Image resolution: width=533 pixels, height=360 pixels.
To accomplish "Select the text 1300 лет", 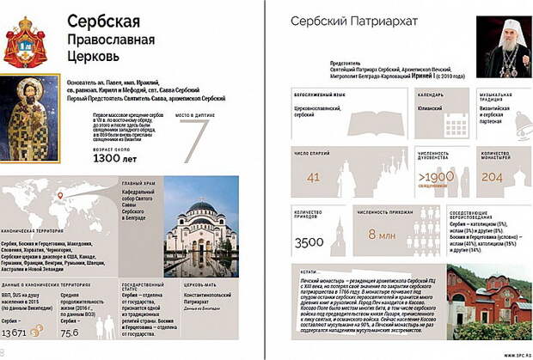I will [x=115, y=158].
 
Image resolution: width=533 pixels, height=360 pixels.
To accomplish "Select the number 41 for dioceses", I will [x=314, y=178].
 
